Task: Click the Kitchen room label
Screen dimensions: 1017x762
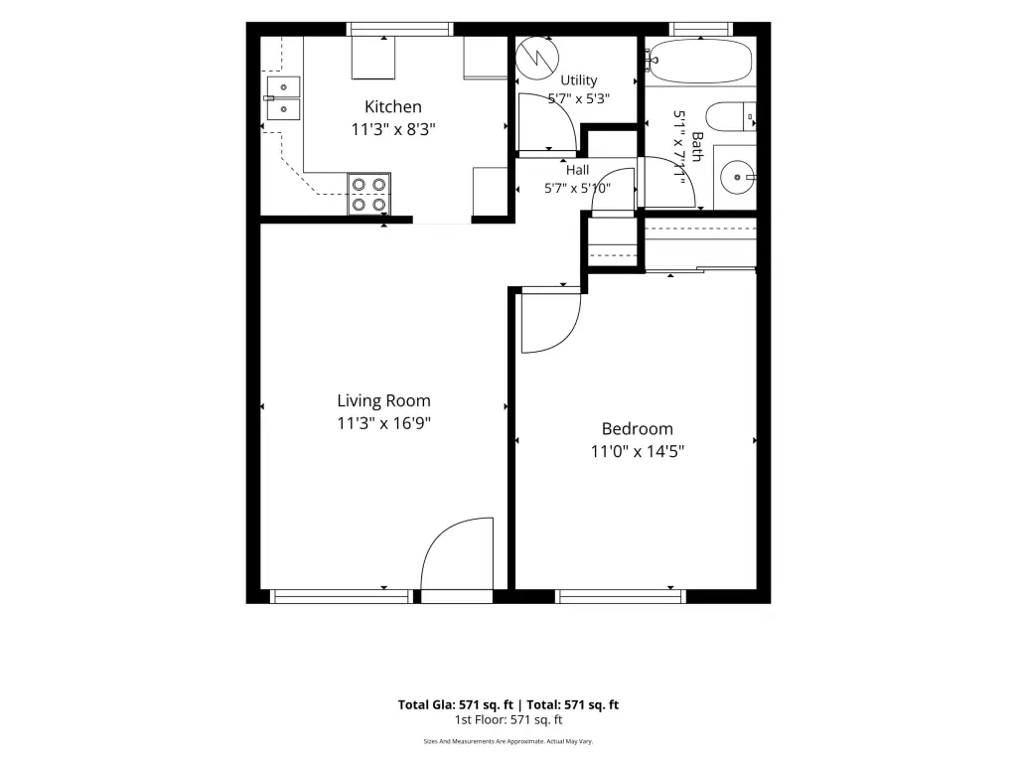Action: (393, 106)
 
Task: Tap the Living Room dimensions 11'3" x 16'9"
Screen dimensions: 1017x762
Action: (384, 423)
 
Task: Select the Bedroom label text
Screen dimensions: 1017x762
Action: (638, 428)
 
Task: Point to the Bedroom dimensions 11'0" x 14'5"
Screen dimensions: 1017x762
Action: (638, 451)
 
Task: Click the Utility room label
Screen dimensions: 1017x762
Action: (579, 79)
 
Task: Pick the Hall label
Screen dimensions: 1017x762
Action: (577, 170)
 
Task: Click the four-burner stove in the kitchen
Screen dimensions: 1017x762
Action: (369, 194)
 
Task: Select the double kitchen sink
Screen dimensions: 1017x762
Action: (283, 98)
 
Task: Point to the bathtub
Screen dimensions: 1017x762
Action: (700, 62)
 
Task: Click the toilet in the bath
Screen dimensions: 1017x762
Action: (730, 117)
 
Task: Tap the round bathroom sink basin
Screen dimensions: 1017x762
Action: (738, 177)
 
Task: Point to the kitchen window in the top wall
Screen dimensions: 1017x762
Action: (399, 29)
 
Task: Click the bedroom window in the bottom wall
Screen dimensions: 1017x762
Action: (621, 596)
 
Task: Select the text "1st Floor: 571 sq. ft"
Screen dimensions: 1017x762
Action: (508, 720)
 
